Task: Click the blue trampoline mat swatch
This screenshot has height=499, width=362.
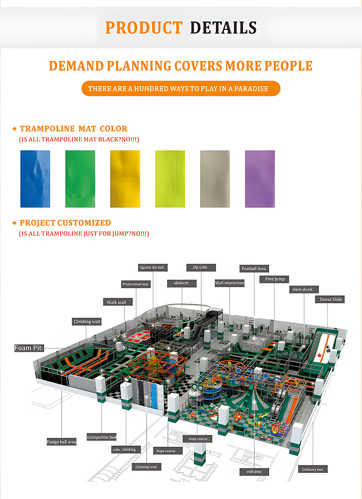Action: [x=35, y=179]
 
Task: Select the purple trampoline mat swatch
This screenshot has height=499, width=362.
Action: [x=260, y=179]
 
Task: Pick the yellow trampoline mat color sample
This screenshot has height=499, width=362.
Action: [x=125, y=179]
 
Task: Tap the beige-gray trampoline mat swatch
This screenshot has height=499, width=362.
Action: [x=215, y=179]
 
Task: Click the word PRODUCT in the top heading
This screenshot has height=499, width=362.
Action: [x=144, y=28]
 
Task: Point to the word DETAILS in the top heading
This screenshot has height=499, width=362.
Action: [x=223, y=28]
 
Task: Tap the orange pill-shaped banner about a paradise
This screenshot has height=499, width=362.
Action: [x=181, y=89]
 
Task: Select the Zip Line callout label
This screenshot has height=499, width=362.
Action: [x=201, y=267]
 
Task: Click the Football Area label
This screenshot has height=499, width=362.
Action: [x=254, y=268]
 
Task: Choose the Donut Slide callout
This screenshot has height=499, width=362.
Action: [x=331, y=299]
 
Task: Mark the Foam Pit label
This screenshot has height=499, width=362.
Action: [x=29, y=348]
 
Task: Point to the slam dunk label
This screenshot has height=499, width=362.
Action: [x=304, y=289]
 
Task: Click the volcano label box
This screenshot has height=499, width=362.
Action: [x=254, y=472]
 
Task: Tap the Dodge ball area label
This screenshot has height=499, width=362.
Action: [x=62, y=442]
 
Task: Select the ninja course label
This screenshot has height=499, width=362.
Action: [x=198, y=439]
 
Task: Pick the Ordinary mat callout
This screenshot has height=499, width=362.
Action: [x=313, y=469]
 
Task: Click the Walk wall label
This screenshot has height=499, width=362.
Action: [x=117, y=302]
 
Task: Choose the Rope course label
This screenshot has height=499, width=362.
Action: [x=166, y=451]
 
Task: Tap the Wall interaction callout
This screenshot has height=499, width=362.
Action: [x=230, y=283]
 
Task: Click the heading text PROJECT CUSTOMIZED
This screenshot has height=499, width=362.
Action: [x=65, y=223]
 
